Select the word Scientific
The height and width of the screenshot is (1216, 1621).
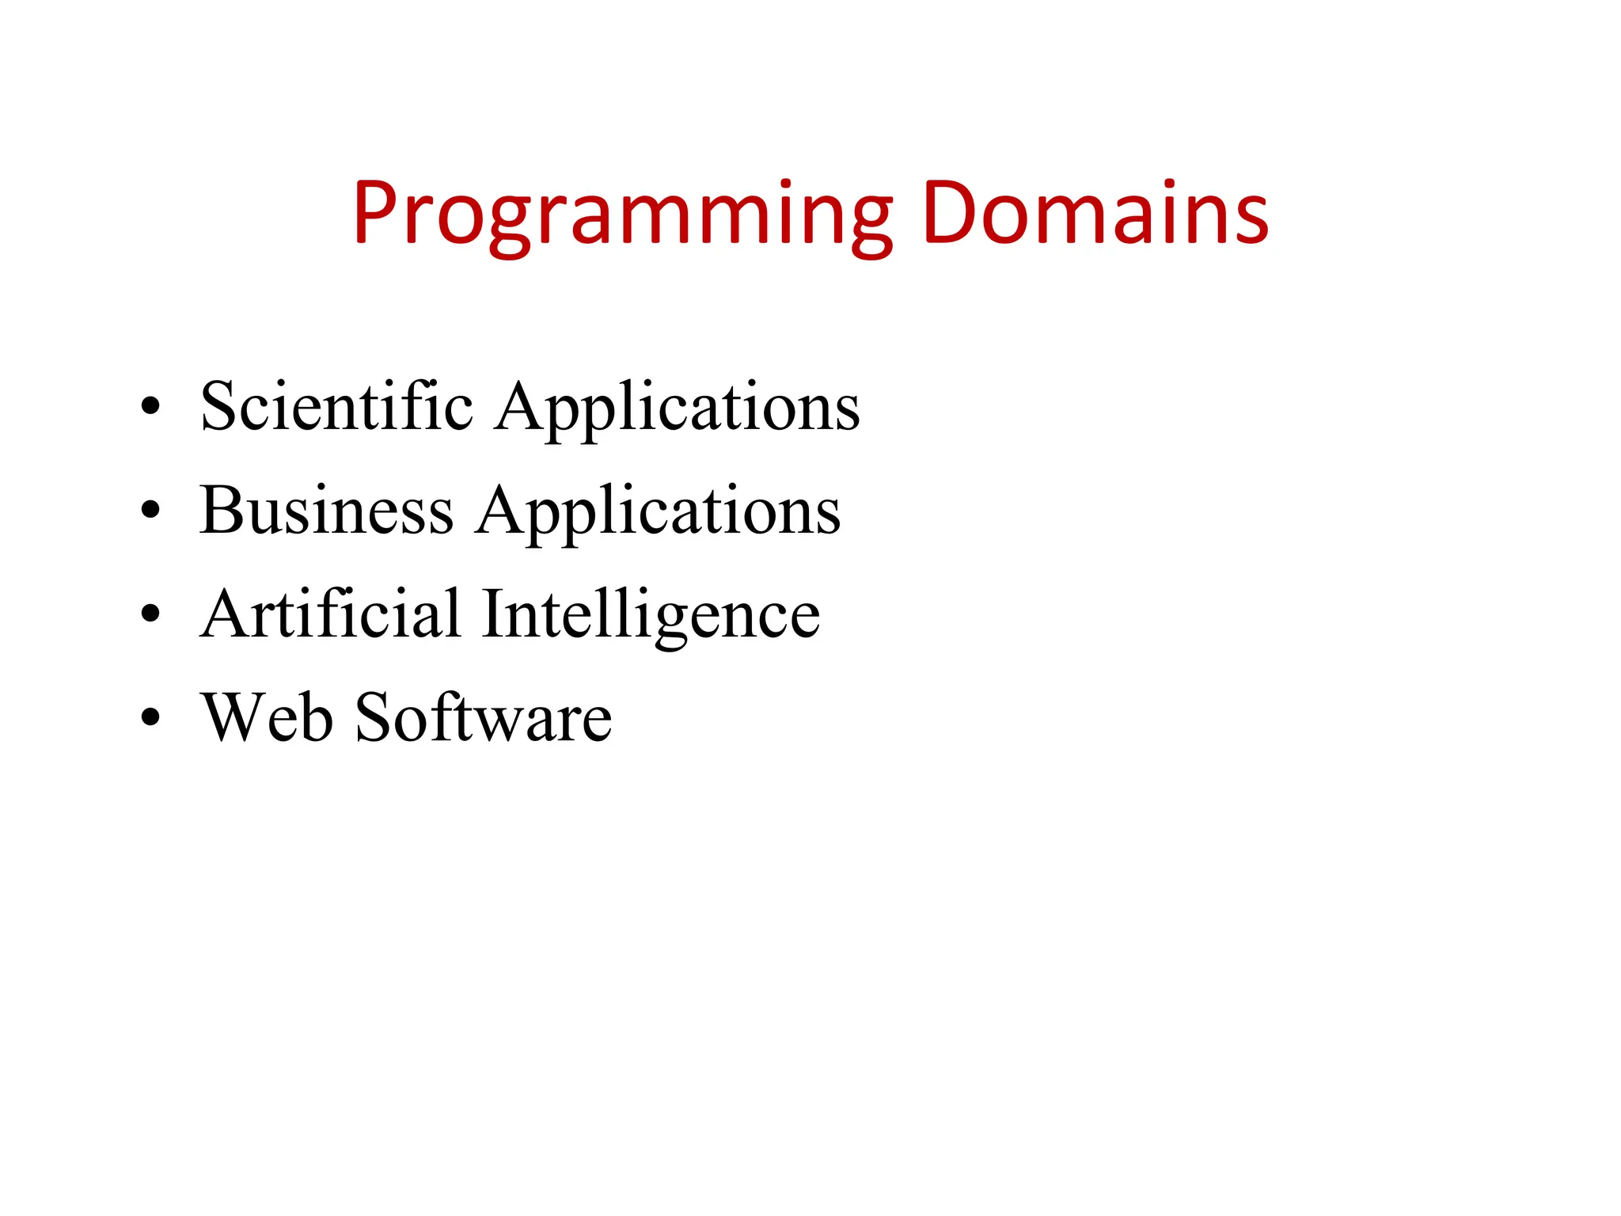[x=336, y=407]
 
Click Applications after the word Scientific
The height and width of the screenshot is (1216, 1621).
[x=678, y=408]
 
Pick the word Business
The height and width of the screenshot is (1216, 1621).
[x=326, y=511]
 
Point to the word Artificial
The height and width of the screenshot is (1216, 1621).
[x=331, y=614]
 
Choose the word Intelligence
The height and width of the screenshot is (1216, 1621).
[x=651, y=616]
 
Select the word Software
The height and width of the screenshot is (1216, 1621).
[x=484, y=717]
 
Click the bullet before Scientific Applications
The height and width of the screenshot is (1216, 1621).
[x=150, y=407]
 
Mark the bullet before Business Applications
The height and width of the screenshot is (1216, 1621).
[x=150, y=511]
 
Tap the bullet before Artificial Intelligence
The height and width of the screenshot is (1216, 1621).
[x=150, y=614]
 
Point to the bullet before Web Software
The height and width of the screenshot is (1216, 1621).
[x=150, y=717]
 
